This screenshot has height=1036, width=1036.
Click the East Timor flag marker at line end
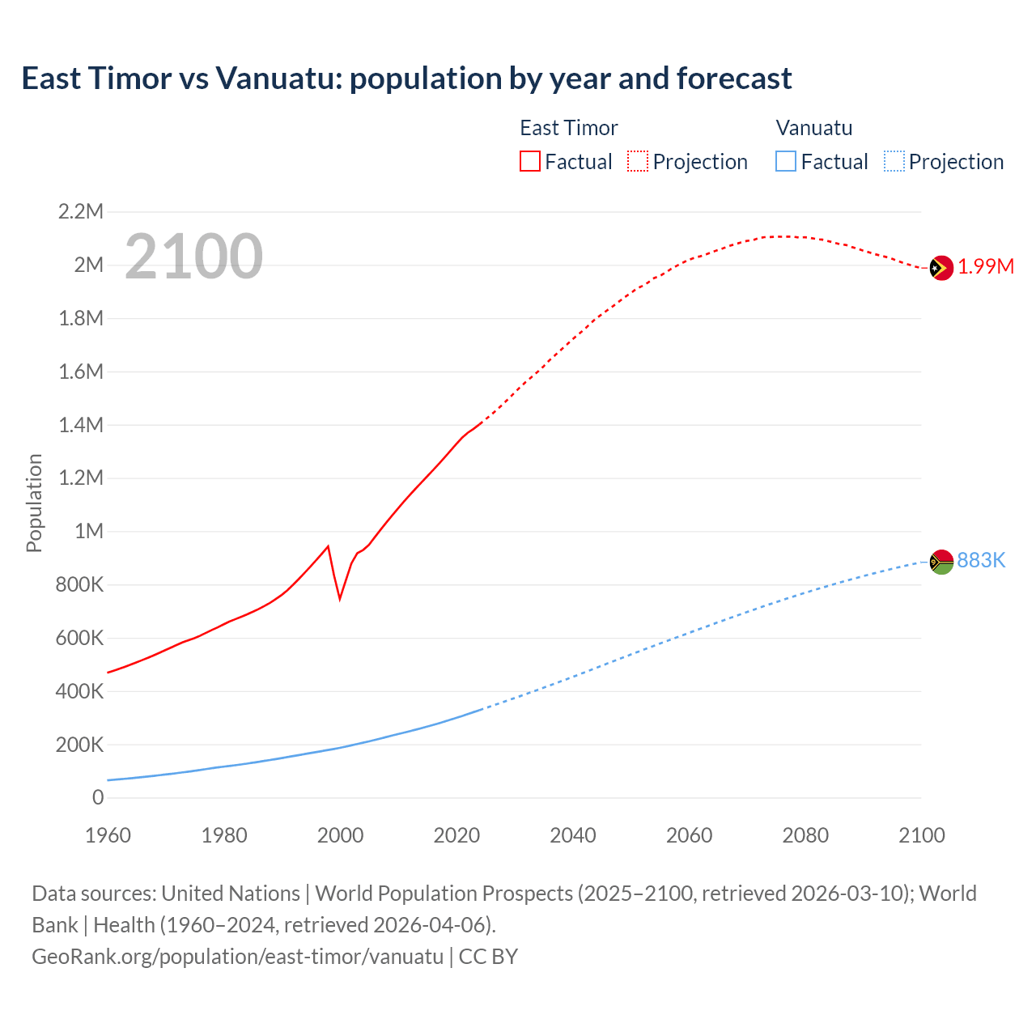click(940, 268)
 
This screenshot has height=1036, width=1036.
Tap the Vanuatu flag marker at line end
click(941, 562)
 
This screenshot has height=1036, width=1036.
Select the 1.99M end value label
click(986, 267)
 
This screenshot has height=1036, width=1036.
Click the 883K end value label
click(981, 560)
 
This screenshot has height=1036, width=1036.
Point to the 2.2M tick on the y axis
click(81, 212)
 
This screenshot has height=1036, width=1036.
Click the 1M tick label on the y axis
click(89, 531)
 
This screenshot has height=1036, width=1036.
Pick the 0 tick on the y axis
click(98, 797)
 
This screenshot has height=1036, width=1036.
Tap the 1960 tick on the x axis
click(108, 835)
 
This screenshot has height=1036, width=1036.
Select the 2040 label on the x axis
click(573, 835)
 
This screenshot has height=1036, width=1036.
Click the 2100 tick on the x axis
click(921, 835)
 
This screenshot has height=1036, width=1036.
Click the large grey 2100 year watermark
click(193, 257)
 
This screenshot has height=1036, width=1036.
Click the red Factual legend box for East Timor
click(529, 161)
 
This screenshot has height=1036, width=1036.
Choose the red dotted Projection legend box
click(638, 161)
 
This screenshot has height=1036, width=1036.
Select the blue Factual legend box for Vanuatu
click(786, 161)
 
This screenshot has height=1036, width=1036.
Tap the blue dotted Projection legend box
click(894, 161)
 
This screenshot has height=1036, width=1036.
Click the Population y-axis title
click(34, 503)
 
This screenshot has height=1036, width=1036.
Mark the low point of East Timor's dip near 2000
click(340, 598)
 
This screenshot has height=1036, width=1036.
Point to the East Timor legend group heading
click(568, 128)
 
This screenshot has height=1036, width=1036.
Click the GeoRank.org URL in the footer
click(237, 956)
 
